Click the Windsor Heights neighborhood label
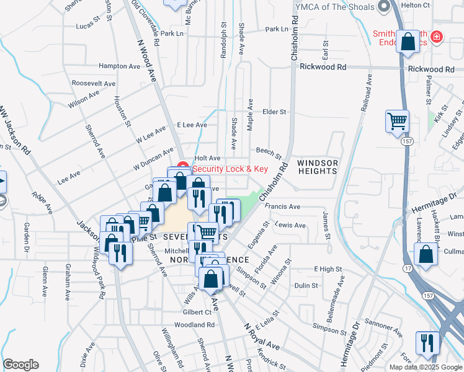click(x=318, y=168)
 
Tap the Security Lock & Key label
click(x=230, y=169)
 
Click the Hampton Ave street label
click(x=120, y=66)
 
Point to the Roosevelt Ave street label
click(x=94, y=83)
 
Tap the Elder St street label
click(x=274, y=112)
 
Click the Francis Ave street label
click(x=282, y=206)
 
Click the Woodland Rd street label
click(x=194, y=324)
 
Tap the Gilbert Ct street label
click(x=197, y=312)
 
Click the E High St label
click(x=328, y=268)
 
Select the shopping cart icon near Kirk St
click(x=397, y=120)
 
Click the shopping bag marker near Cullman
click(x=426, y=254)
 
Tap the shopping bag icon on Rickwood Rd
click(x=408, y=43)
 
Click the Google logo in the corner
click(x=20, y=364)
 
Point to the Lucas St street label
click(x=87, y=26)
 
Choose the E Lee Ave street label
click(x=192, y=125)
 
